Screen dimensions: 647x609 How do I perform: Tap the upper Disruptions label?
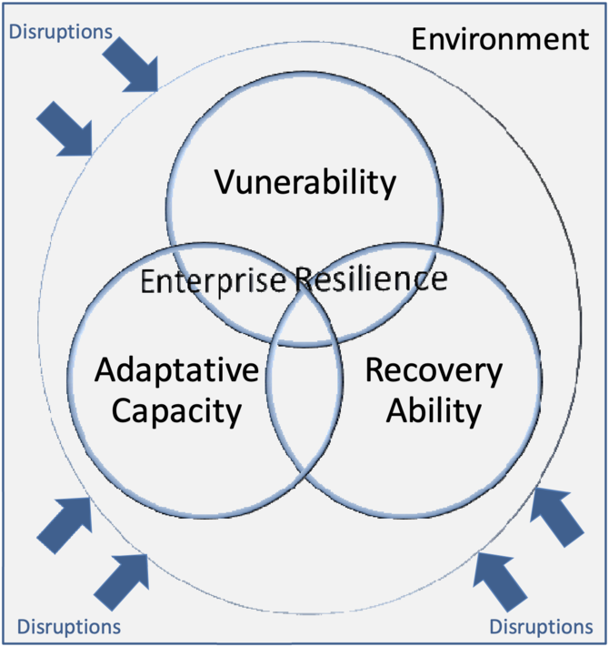(61, 32)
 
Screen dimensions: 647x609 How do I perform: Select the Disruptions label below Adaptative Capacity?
(69, 626)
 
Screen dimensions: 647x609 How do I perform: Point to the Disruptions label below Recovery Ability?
(541, 626)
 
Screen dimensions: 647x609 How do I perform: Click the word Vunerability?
(305, 183)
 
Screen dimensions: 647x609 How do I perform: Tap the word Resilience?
(370, 279)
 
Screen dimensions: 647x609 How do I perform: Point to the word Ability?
(433, 411)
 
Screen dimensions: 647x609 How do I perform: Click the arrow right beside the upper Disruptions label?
(130, 65)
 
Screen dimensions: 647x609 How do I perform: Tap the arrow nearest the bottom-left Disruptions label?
(119, 580)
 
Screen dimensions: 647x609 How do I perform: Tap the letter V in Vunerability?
(225, 183)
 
